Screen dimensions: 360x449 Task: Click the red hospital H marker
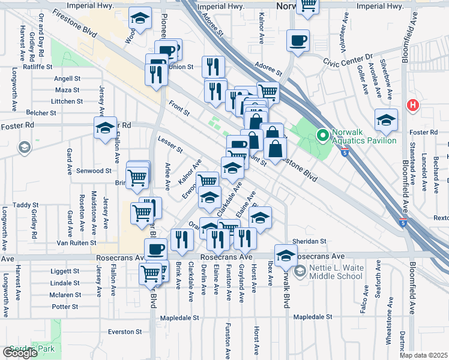(x=412, y=105)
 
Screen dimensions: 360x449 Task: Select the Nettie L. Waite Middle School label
(x=336, y=272)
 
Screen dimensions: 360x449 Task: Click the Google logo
(x=20, y=353)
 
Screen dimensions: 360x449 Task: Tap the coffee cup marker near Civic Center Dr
(x=298, y=41)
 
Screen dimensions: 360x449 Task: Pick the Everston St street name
(x=124, y=331)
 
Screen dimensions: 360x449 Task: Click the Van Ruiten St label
(x=76, y=243)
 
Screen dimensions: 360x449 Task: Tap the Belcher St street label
(x=41, y=112)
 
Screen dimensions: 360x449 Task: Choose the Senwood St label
(x=92, y=171)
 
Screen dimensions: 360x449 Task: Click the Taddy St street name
(x=26, y=205)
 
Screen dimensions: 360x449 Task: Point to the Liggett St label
(x=65, y=271)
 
